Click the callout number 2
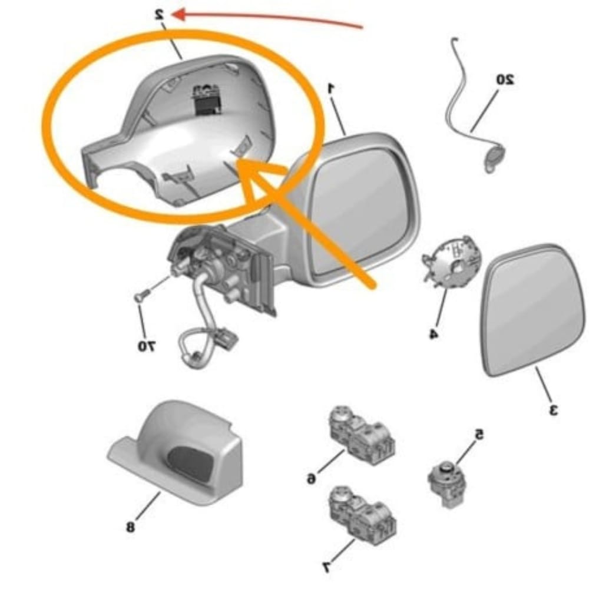159,14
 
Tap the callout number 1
331,88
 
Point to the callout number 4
433,334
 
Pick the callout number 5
479,435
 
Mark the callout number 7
326,567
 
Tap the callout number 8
130,526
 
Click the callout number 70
145,348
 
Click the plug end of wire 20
493,158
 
